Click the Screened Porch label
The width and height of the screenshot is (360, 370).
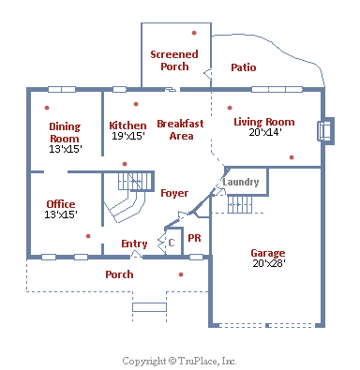pos(174,60)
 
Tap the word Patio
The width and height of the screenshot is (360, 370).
pos(244,67)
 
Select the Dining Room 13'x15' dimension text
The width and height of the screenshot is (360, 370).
pos(66,149)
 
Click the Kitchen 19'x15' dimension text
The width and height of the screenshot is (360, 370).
pos(128,136)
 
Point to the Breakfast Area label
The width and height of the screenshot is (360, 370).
pos(180,129)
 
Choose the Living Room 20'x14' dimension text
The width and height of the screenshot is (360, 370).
pos(265,132)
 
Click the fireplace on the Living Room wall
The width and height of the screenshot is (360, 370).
pos(326,131)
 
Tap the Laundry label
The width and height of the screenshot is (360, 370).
pos(241,182)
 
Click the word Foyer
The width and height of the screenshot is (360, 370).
pos(174,193)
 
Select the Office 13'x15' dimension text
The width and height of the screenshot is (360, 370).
pos(61,215)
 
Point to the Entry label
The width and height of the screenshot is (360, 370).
pos(134,244)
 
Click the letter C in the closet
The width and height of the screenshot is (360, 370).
pos(172,243)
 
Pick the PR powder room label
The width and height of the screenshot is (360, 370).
pos(194,238)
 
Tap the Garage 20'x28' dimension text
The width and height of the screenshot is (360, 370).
pos(269,263)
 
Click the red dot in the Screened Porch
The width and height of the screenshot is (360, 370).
pos(194,33)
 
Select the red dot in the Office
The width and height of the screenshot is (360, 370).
pos(88,236)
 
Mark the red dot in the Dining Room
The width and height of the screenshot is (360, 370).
pos(47,108)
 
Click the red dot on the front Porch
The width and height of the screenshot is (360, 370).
pos(181,274)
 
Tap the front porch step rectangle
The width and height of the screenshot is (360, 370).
pos(149,307)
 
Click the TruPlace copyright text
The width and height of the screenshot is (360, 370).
pos(179,361)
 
